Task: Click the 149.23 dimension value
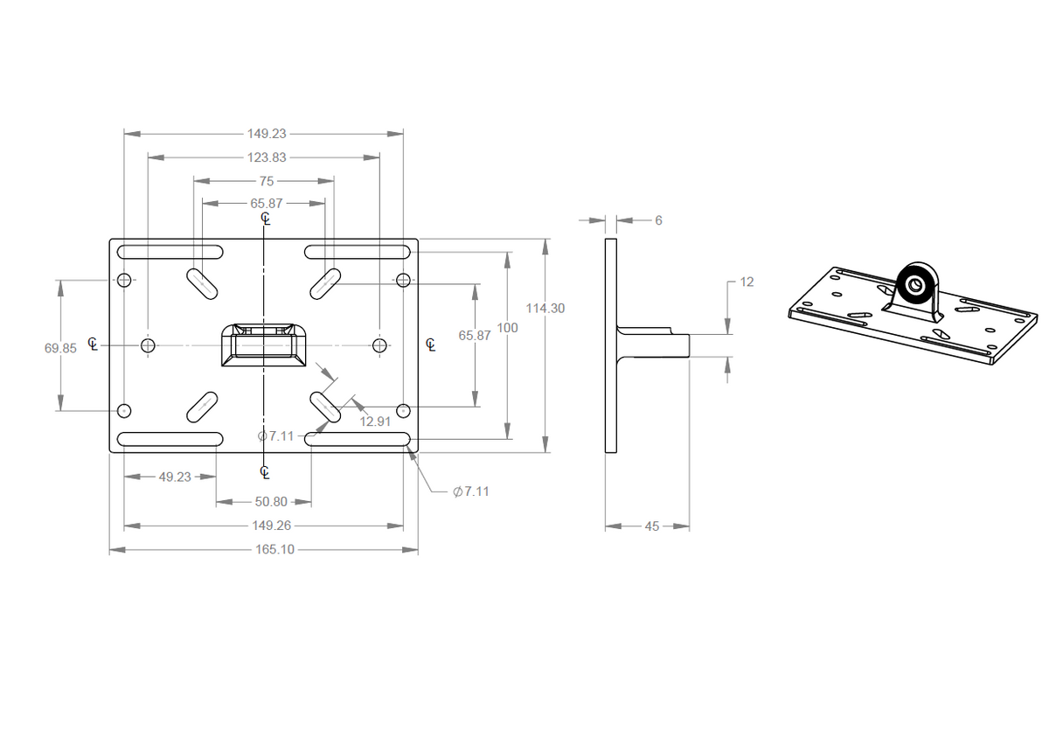point(266,134)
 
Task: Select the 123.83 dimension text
point(266,157)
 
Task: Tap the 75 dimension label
point(266,181)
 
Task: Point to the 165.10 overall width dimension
point(265,550)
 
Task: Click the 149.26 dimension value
point(265,526)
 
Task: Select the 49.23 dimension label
point(175,477)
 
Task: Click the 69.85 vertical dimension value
point(60,347)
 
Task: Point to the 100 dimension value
point(507,328)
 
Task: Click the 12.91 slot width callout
point(375,421)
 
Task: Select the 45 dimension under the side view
point(652,526)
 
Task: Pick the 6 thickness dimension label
point(658,220)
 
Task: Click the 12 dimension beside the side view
point(747,282)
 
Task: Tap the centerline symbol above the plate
point(266,219)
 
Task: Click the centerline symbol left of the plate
point(92,344)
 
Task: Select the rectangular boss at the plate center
point(262,344)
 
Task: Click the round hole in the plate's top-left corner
point(124,280)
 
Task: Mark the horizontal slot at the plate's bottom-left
point(170,438)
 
